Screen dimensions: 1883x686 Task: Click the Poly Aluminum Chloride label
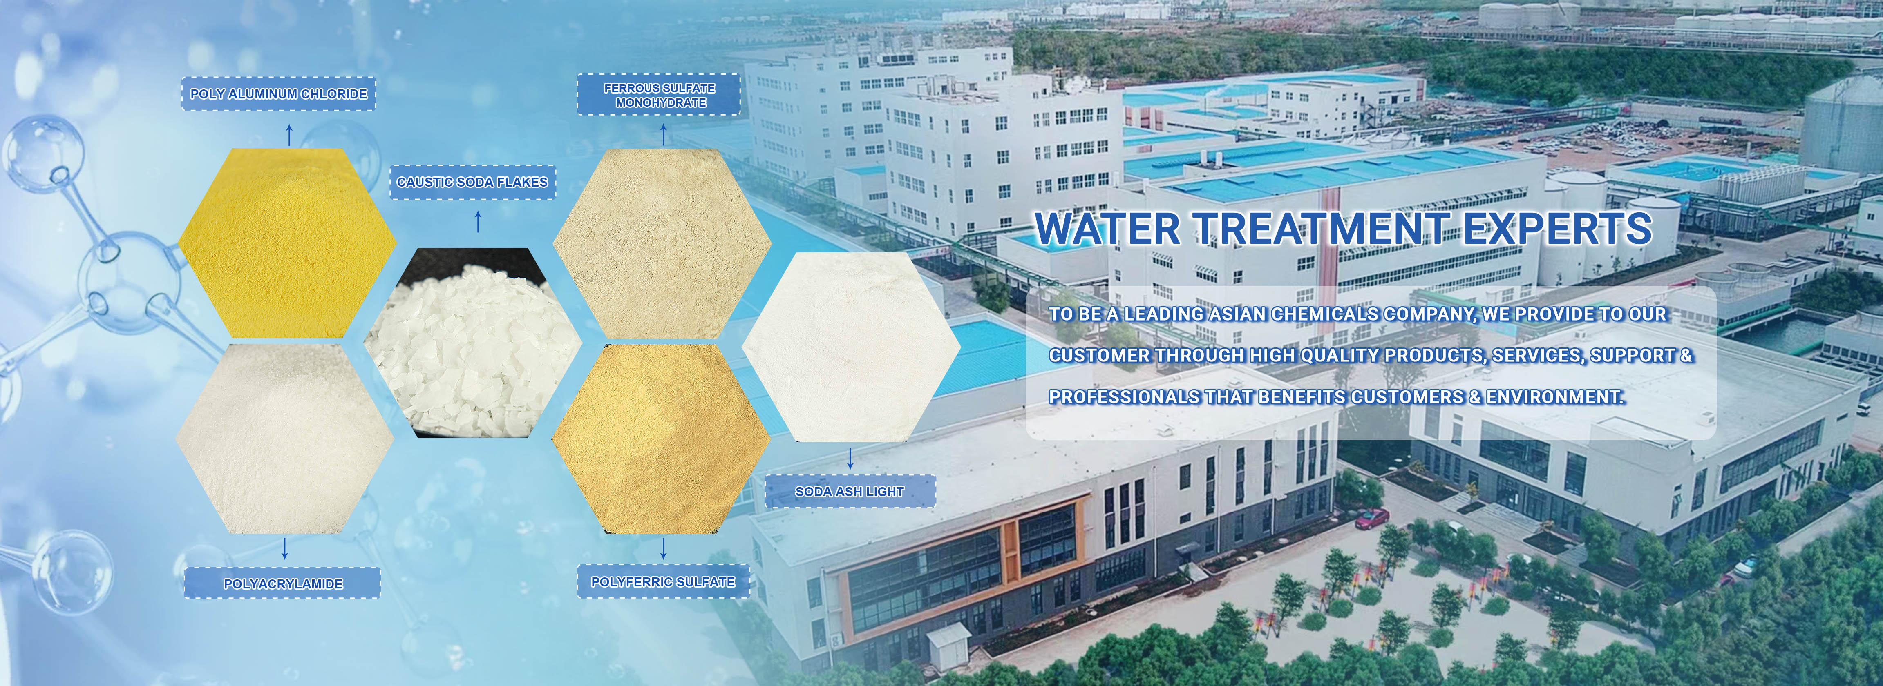[x=279, y=94]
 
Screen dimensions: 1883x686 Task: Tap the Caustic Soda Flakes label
[x=472, y=182]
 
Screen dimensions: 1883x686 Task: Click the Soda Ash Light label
[x=850, y=492]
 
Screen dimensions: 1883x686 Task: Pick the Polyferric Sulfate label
[x=663, y=581]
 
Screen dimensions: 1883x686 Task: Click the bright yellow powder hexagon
[x=287, y=243]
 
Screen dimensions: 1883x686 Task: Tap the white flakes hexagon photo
[x=472, y=343]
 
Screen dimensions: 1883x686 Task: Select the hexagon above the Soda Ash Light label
[x=851, y=347]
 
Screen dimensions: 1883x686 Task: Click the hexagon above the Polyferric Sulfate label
[x=661, y=438]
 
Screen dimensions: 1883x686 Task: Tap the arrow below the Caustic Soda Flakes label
[x=478, y=222]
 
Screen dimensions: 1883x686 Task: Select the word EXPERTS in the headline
[x=1557, y=229]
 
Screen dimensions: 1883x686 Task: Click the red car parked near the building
[x=1372, y=519]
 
